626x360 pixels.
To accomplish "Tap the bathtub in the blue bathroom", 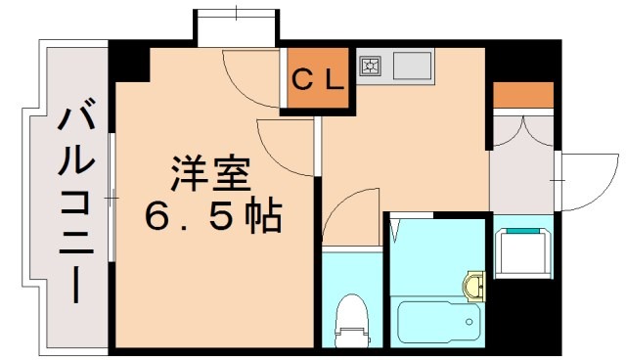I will tap(437, 319).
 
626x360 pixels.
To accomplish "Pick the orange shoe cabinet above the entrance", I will tap(522, 95).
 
